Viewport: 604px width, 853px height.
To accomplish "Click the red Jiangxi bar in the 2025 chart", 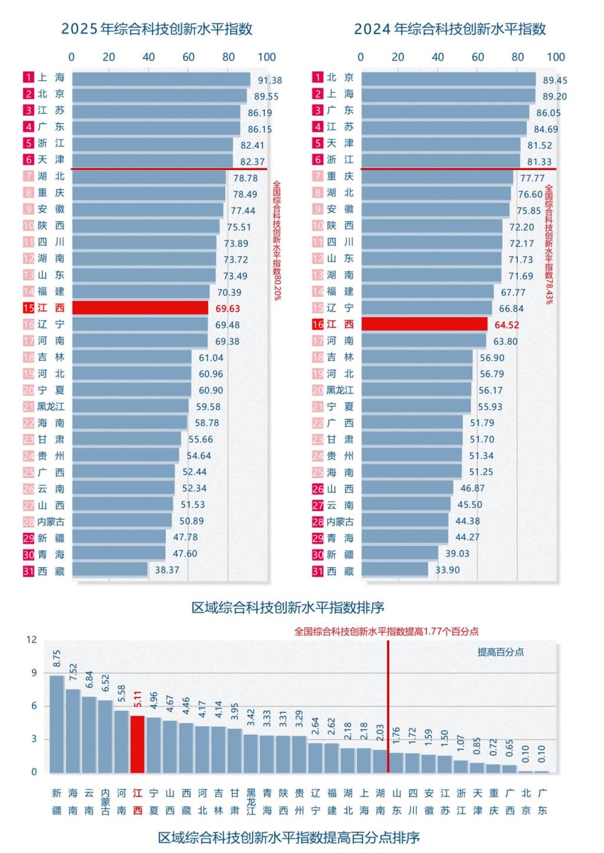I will pos(140,308).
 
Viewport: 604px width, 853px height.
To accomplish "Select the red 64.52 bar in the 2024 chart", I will pos(424,324).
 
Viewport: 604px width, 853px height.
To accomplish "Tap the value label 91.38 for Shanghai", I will pos(270,80).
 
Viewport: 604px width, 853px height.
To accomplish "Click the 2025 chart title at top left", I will pos(157,29).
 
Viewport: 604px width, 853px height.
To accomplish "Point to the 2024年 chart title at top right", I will pos(449,29).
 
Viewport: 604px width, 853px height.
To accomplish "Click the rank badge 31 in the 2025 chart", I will pos(28,571).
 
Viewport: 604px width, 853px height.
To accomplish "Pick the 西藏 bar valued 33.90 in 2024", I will pos(395,569).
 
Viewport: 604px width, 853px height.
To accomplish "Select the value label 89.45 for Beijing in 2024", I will pos(555,80).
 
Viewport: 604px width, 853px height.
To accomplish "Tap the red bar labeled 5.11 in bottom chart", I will pos(137,743).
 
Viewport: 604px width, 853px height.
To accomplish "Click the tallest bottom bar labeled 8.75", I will pos(57,723).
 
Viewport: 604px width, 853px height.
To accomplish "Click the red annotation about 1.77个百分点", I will pos(386,631).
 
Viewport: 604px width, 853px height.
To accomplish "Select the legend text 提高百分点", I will pos(500,652).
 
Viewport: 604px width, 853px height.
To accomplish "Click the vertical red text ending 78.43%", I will pos(549,244).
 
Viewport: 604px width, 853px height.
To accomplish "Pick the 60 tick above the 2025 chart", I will pos(188,57).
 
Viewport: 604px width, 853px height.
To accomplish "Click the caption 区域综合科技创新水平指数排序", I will pos(288,607).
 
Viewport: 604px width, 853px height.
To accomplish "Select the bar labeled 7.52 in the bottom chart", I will pos(73,730).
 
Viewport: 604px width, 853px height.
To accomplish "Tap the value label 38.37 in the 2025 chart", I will pos(167,570).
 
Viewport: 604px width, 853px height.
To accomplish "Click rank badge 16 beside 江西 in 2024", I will pos(317,325).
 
